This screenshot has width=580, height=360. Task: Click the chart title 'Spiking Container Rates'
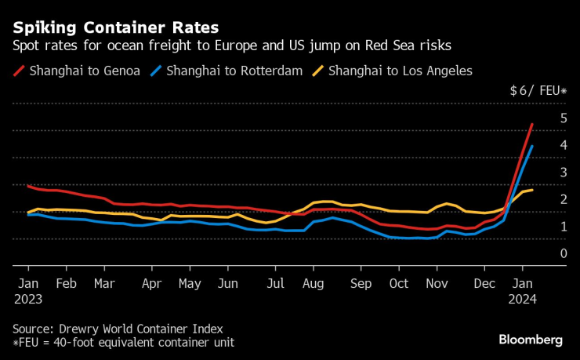pyautogui.click(x=115, y=28)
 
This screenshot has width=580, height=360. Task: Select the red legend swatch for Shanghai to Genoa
pyautogui.click(x=19, y=71)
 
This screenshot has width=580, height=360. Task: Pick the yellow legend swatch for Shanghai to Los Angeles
pyautogui.click(x=320, y=71)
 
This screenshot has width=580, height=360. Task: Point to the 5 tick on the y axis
pyautogui.click(x=563, y=118)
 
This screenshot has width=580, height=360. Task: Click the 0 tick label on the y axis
pyautogui.click(x=563, y=253)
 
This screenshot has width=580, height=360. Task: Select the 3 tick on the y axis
pyautogui.click(x=563, y=173)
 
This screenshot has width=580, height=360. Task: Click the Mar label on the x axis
pyautogui.click(x=104, y=283)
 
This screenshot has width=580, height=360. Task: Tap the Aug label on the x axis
pyautogui.click(x=314, y=283)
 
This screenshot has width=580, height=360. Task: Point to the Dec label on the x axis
pyautogui.click(x=486, y=283)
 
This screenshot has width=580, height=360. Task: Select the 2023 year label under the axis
pyautogui.click(x=27, y=299)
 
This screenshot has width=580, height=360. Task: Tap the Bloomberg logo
pyautogui.click(x=531, y=340)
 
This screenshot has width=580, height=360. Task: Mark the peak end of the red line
pyautogui.click(x=532, y=124)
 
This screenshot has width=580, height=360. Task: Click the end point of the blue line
pyautogui.click(x=532, y=147)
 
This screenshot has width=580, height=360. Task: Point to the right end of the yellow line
pyautogui.click(x=532, y=190)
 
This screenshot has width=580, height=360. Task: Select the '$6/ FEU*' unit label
pyautogui.click(x=537, y=91)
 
